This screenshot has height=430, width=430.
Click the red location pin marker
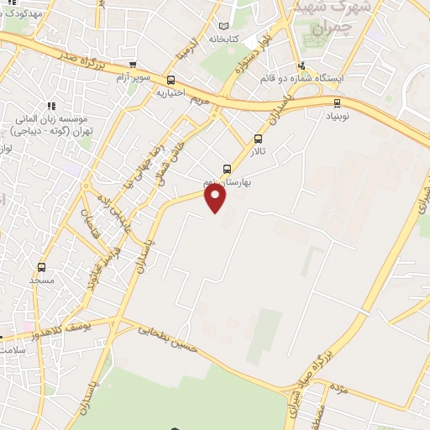pyautogui.click(x=216, y=197)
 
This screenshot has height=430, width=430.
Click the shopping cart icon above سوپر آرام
pyautogui.click(x=133, y=65)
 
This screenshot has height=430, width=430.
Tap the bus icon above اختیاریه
pyautogui.click(x=171, y=81)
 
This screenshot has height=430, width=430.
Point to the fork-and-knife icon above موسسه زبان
pyautogui.click(x=50, y=107)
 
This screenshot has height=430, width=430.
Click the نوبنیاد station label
pyautogui.click(x=337, y=115)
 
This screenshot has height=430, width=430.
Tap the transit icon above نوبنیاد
pyautogui.click(x=338, y=103)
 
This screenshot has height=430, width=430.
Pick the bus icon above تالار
pyautogui.click(x=258, y=139)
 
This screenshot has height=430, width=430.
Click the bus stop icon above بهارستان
pyautogui.click(x=226, y=168)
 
